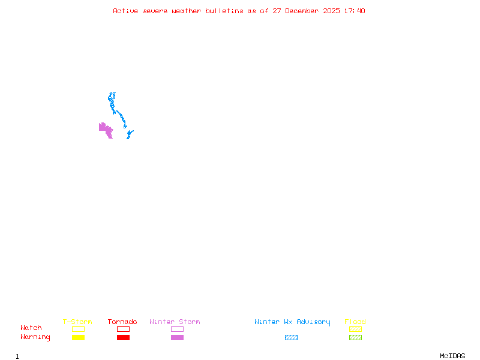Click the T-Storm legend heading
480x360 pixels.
77,322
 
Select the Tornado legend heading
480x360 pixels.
122,322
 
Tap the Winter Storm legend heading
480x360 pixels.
175,322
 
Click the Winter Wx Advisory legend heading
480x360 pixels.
292,322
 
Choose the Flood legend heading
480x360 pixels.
355,322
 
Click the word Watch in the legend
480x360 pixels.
31,328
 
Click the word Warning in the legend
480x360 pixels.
35,337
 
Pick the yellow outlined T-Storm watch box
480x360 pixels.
78,329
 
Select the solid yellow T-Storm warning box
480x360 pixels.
78,337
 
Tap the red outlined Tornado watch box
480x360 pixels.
123,329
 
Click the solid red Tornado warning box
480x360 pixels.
123,337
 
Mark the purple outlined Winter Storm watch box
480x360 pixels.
177,329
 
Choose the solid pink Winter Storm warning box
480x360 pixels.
177,337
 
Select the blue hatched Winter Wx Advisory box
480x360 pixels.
291,337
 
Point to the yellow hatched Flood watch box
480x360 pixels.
355,329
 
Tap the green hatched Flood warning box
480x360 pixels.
355,337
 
